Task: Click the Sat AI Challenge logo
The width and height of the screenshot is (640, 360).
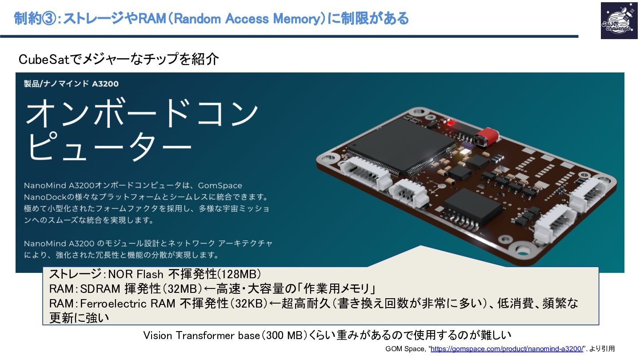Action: click(x=618, y=20)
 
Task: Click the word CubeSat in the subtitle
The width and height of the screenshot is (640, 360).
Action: click(x=44, y=59)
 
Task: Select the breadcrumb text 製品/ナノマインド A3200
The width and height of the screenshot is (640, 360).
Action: click(x=71, y=84)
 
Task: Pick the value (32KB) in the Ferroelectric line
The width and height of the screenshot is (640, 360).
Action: click(x=248, y=304)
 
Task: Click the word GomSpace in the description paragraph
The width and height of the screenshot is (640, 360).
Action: click(x=220, y=185)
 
